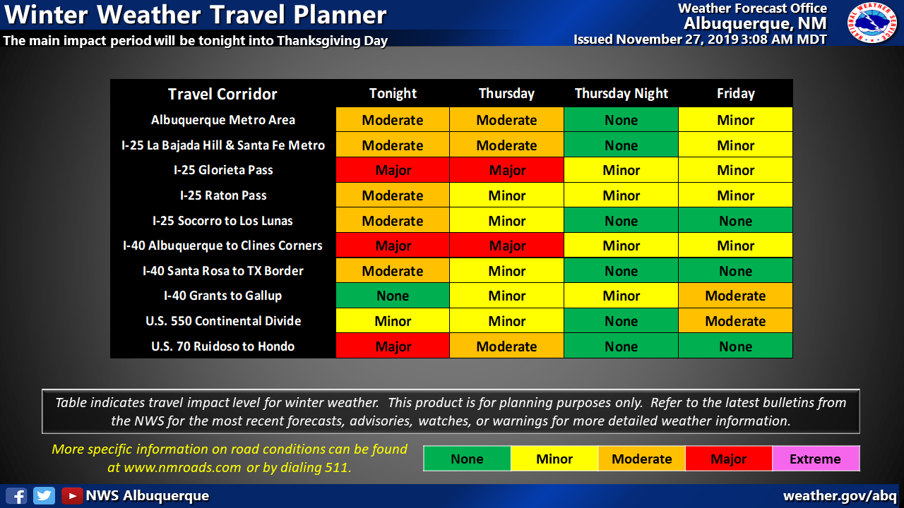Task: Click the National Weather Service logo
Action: (872, 23)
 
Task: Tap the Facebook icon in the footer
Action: (16, 495)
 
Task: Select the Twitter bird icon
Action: (44, 495)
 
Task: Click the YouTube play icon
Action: (72, 495)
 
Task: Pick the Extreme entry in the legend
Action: (816, 459)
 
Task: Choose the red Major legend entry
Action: (729, 459)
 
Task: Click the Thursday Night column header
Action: (621, 94)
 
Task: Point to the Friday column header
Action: (736, 94)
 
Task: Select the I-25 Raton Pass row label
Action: (223, 195)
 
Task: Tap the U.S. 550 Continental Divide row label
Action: (223, 321)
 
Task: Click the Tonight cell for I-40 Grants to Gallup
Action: (393, 296)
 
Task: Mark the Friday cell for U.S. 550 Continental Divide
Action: (735, 321)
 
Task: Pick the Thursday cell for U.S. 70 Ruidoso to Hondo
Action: (506, 346)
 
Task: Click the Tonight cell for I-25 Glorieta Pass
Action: (393, 170)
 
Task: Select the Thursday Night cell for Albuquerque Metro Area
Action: (621, 120)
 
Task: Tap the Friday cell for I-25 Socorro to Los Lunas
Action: (735, 221)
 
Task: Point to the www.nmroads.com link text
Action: (182, 467)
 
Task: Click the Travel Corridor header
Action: (222, 94)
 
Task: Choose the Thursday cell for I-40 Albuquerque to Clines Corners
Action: (506, 246)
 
